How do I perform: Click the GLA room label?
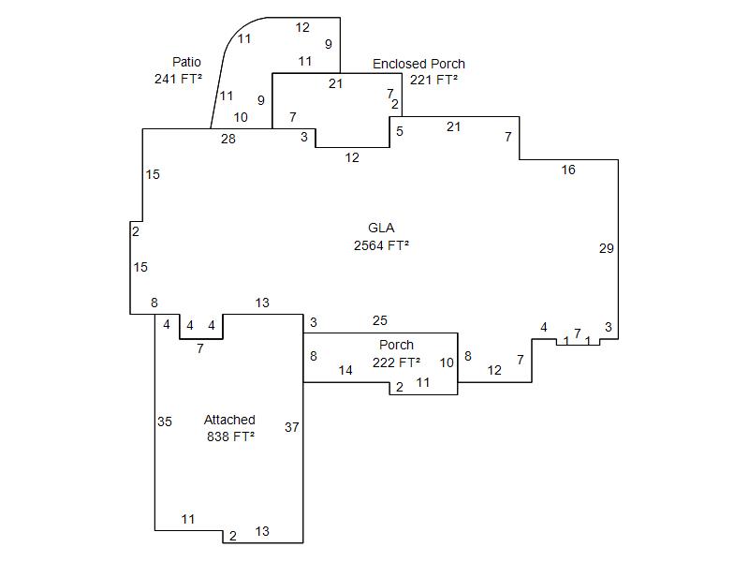381,228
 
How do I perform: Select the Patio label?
186,62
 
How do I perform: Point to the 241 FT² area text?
178,79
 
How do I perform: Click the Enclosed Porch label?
419,64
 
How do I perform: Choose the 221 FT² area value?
433,80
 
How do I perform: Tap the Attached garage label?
229,420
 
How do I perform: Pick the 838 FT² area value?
230,436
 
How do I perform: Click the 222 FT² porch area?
396,362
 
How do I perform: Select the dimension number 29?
607,248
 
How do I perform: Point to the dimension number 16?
568,170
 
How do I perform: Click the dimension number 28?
228,139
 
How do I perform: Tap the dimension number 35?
165,421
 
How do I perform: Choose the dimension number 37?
292,427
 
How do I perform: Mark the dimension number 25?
380,321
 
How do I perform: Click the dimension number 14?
345,370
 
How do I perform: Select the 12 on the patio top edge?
302,27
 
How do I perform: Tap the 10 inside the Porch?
447,362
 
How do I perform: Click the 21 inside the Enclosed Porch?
336,83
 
